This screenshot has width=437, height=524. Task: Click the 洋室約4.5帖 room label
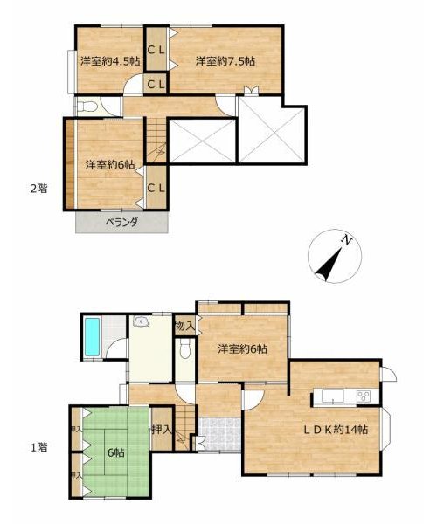[x=110, y=61]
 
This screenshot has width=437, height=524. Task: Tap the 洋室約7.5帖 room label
[x=225, y=61]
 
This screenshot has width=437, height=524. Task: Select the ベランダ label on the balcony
[x=122, y=222]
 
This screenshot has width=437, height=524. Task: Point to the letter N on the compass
[x=347, y=240]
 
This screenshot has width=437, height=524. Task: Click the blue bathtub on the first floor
[x=92, y=337]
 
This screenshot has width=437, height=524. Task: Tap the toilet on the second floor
[x=87, y=107]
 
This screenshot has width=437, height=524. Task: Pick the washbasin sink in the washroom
[x=141, y=321]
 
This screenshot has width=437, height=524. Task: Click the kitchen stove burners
[x=363, y=396]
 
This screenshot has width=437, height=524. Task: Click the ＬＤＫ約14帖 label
[x=336, y=430]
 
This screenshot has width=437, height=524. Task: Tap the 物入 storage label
[x=185, y=326]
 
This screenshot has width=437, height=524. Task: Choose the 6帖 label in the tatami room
[x=116, y=452]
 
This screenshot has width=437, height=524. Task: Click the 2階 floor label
[x=39, y=189]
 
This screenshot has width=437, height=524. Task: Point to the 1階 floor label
[x=39, y=447]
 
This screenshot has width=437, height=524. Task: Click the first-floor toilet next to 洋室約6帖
[x=185, y=349]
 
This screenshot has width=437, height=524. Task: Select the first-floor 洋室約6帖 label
[x=243, y=349]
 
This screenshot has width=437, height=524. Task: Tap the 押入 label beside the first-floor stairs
[x=161, y=430]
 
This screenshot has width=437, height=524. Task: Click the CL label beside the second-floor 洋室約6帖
[x=156, y=189]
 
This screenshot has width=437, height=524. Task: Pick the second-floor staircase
[x=156, y=141]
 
